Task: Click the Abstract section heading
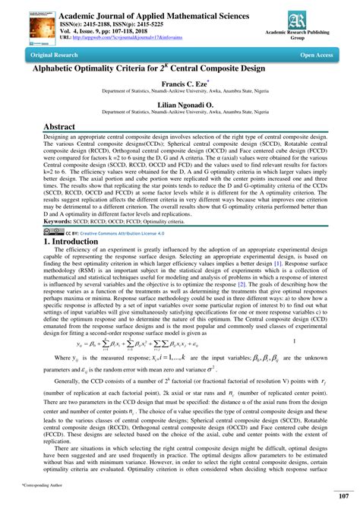click(48, 128)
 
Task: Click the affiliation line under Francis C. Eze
click(179, 94)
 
